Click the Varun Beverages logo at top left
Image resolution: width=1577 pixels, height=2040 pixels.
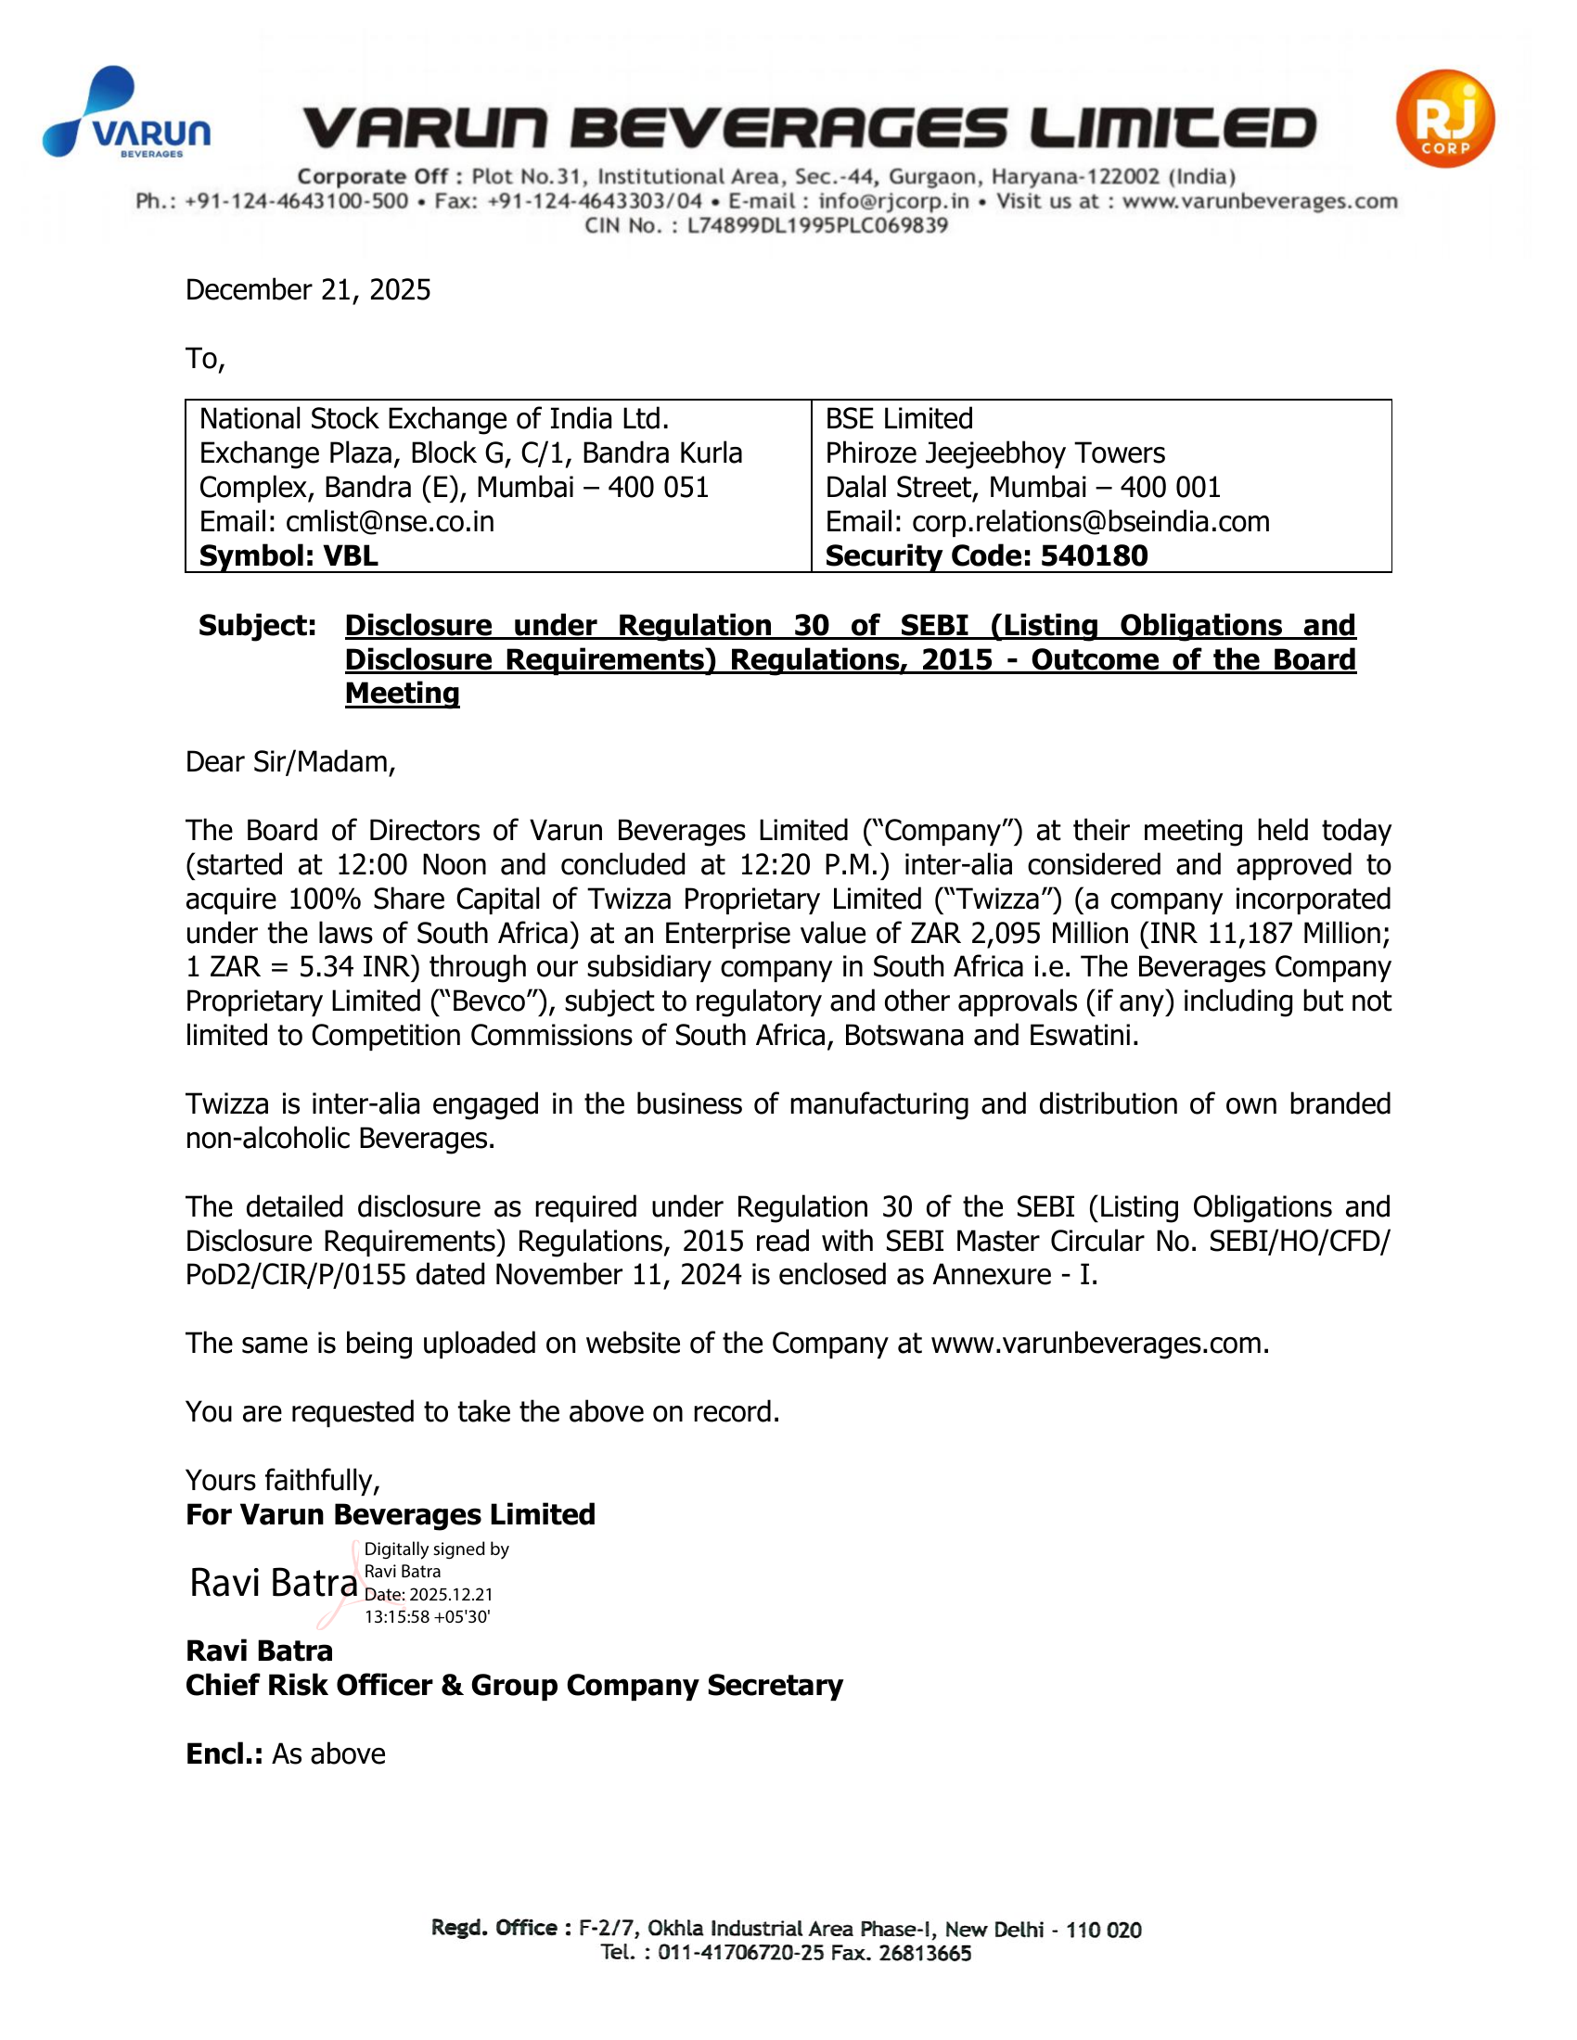click(126, 114)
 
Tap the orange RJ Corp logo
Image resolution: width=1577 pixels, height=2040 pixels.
click(1444, 119)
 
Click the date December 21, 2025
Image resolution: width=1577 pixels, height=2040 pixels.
click(307, 289)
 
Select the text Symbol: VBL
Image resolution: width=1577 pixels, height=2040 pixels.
click(288, 555)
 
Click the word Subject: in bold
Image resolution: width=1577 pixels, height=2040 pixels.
click(257, 625)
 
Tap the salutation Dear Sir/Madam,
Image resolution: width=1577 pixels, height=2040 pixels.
click(289, 762)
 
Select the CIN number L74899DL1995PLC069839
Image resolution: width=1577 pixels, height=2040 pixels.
click(817, 225)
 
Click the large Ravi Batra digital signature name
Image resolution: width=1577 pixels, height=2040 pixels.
click(273, 1583)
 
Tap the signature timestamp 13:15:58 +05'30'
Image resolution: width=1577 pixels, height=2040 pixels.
click(427, 1617)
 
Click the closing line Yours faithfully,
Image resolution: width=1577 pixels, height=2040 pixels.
click(282, 1481)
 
